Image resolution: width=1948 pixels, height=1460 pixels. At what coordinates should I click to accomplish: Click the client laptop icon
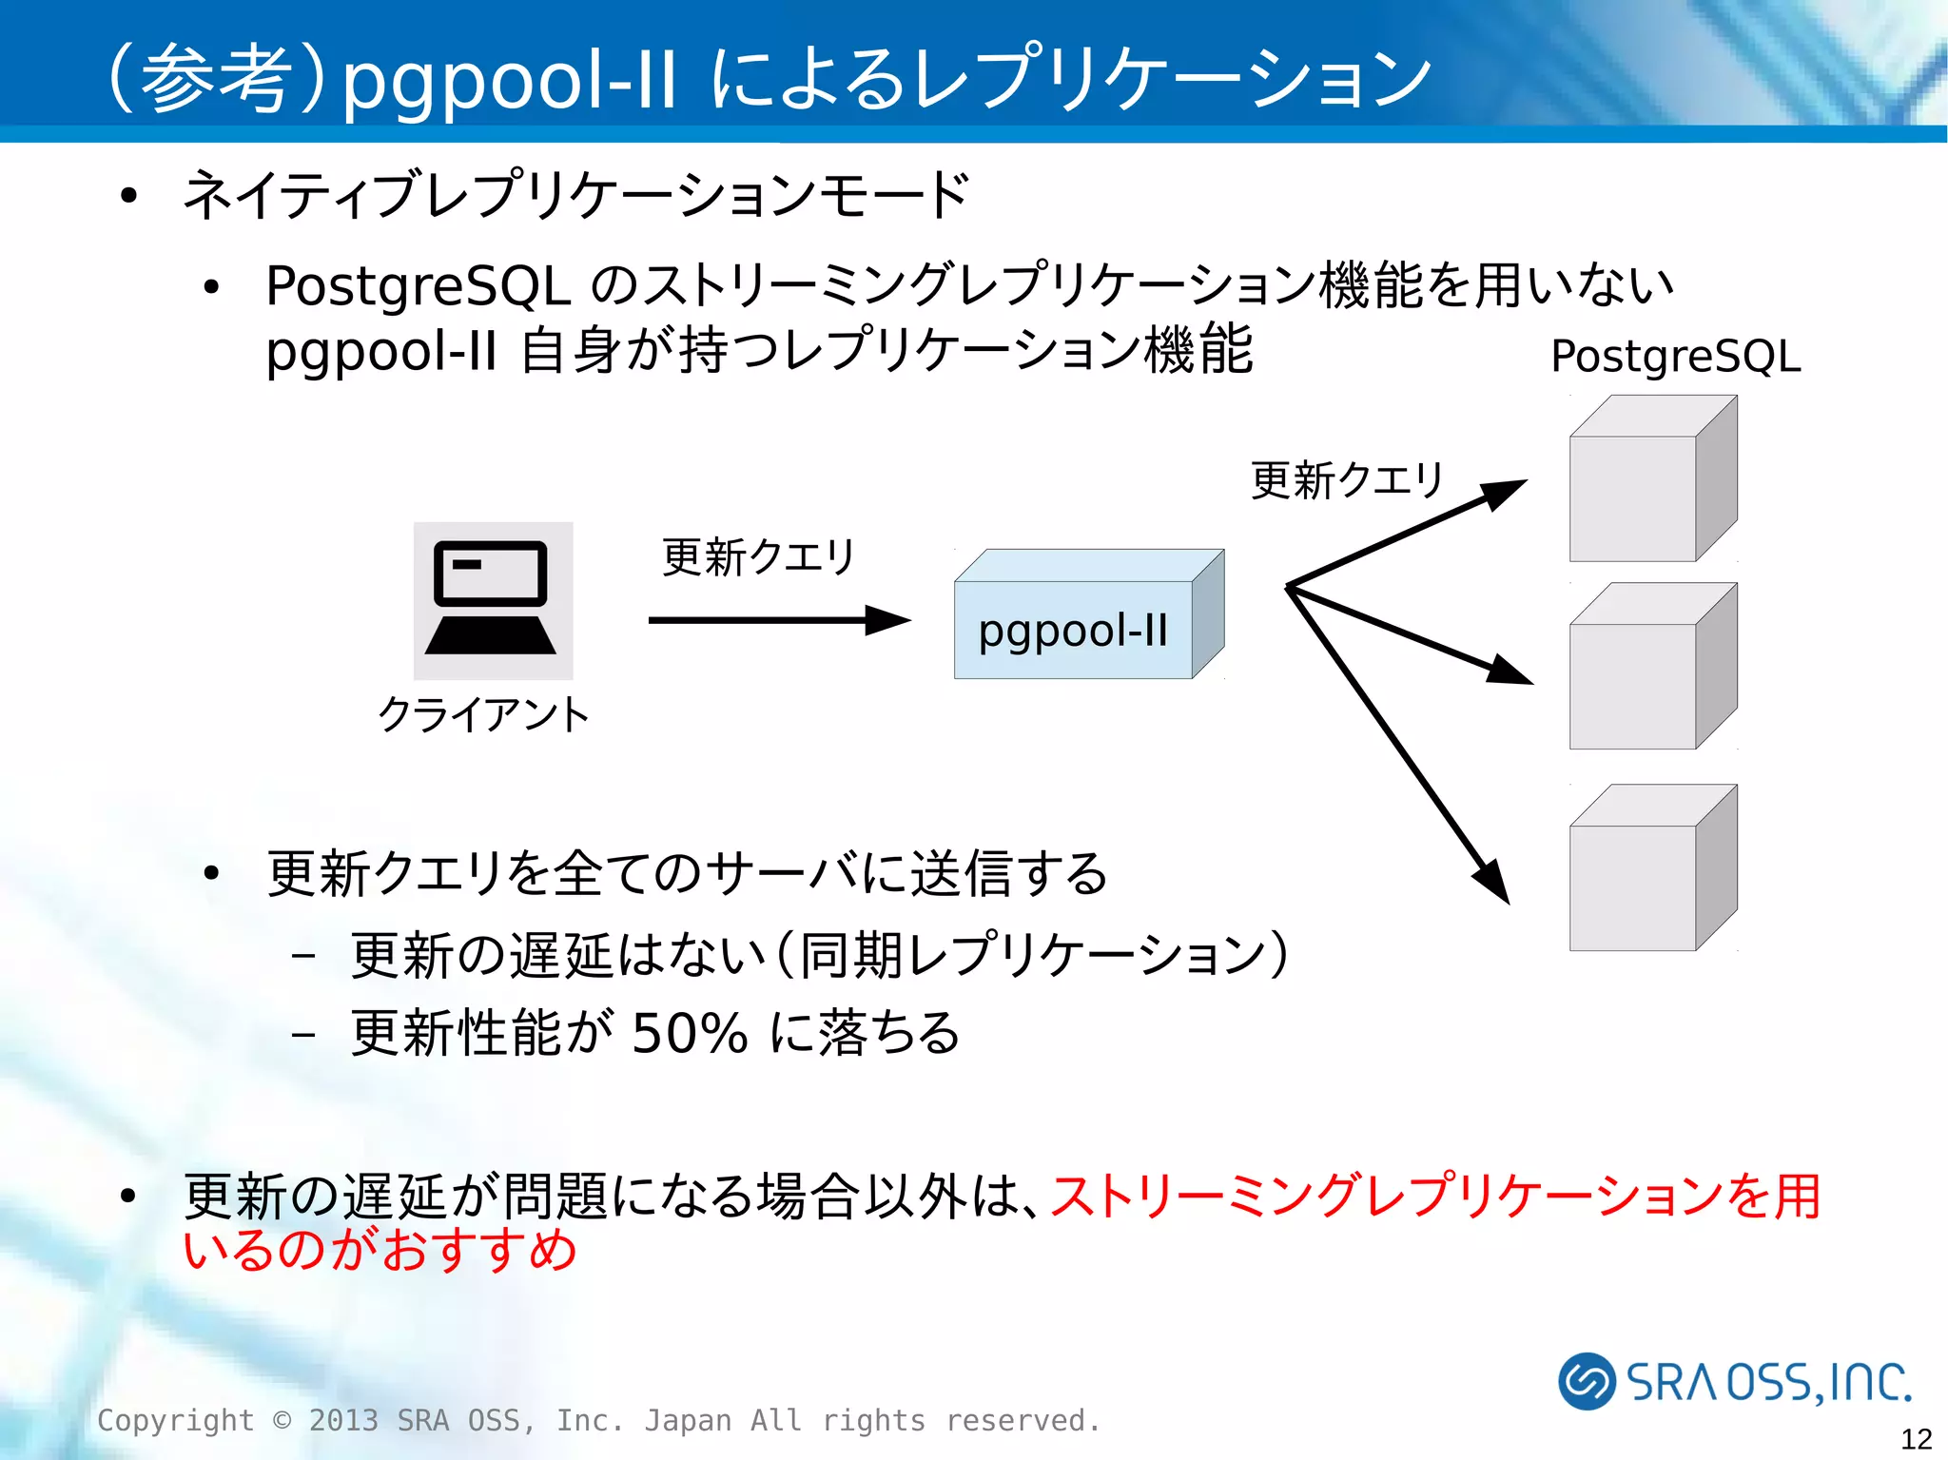point(492,599)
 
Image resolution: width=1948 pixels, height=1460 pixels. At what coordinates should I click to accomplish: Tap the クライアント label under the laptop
point(483,714)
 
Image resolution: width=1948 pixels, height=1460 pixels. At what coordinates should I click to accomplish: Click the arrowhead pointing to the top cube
point(1503,494)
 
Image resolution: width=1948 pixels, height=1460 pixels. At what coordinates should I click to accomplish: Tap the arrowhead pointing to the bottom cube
point(1493,880)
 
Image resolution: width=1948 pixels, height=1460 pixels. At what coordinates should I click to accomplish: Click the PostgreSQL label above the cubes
point(1675,357)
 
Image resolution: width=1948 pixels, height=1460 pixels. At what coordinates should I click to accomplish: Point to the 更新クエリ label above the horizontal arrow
point(758,556)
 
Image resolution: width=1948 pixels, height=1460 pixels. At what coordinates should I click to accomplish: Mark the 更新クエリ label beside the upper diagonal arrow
point(1347,479)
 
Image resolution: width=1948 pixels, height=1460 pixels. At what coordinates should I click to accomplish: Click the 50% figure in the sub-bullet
point(690,1033)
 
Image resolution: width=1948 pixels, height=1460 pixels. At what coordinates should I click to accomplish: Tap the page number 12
point(1916,1438)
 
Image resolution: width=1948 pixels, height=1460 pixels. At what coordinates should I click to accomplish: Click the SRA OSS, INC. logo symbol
point(1587,1381)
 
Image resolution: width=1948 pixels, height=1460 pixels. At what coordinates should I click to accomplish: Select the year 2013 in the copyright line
point(342,1420)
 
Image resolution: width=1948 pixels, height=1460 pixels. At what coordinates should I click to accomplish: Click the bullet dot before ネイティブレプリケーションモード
point(129,197)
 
